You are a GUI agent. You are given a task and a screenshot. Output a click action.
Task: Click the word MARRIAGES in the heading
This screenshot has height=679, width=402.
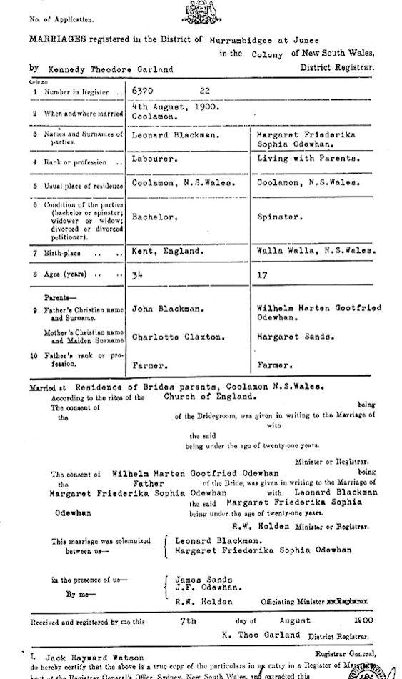58,40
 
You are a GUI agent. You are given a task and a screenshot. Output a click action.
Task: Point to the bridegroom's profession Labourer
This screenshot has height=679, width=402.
154,159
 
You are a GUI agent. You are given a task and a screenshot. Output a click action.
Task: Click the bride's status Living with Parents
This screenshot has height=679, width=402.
308,159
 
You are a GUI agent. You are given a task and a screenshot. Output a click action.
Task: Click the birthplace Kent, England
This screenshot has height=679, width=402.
167,252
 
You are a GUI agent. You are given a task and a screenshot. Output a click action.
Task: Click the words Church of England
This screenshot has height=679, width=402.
208,396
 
